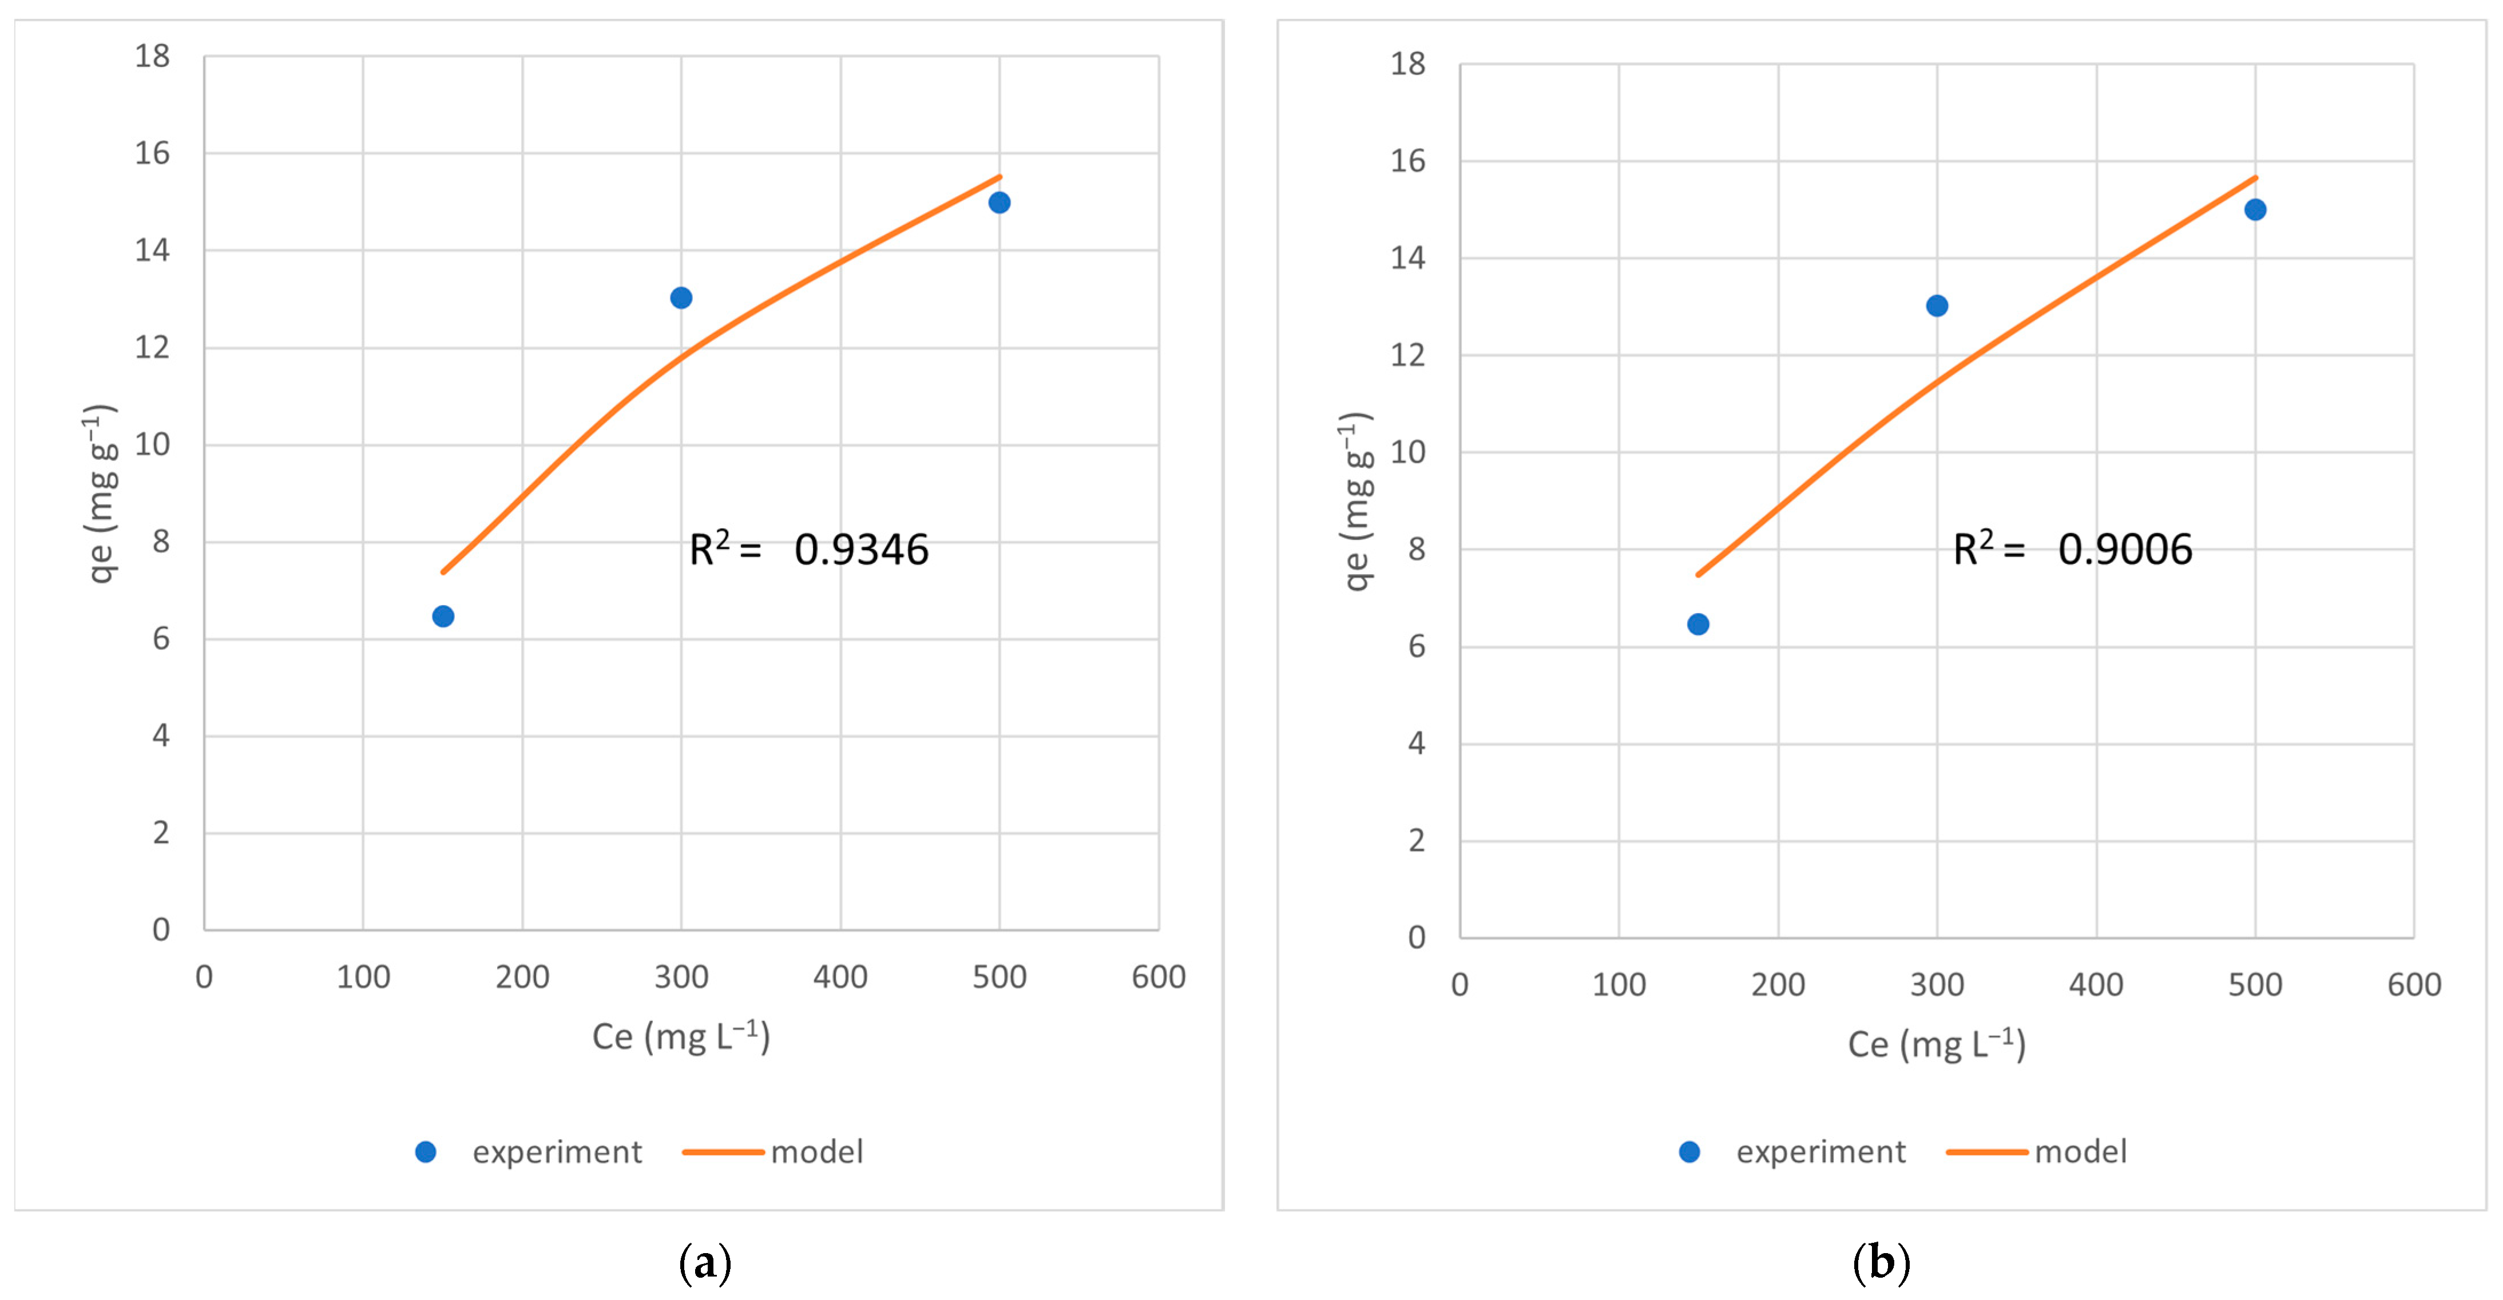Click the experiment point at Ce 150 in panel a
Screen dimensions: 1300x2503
443,616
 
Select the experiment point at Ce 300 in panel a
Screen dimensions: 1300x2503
681,297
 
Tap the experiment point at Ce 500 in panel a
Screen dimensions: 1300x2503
999,202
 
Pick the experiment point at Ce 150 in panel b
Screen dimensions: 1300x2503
1697,624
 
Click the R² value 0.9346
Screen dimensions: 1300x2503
861,550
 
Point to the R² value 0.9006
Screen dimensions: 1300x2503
2125,550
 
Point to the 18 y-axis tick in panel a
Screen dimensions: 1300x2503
153,57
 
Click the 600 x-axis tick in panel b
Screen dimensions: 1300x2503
2414,984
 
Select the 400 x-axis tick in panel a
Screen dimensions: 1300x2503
840,976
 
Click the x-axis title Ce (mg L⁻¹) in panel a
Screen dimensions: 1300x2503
681,1037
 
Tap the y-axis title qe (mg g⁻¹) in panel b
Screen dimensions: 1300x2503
1355,500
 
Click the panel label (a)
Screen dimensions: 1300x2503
704,1263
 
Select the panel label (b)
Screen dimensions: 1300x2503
1881,1263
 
